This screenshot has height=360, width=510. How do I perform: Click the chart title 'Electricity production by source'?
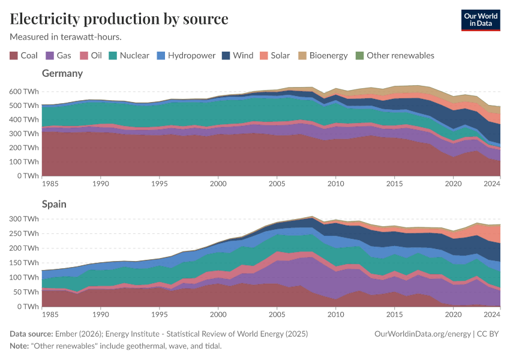pos(119,19)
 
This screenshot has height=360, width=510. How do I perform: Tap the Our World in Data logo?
pos(480,20)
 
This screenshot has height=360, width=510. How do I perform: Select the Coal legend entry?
pos(24,55)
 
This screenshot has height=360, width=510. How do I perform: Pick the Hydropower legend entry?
pos(186,55)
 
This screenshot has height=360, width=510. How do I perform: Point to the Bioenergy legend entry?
pos(323,55)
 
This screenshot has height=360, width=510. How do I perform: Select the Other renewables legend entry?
pos(394,55)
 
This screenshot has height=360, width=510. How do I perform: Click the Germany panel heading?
pos(62,73)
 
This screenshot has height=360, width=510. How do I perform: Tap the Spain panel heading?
pos(54,204)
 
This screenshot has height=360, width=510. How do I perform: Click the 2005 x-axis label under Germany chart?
pos(277,184)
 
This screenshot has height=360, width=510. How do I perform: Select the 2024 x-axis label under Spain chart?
pos(491,314)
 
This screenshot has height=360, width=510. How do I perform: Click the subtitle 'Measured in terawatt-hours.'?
pos(66,37)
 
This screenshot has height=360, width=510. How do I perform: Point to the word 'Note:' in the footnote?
pos(21,346)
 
